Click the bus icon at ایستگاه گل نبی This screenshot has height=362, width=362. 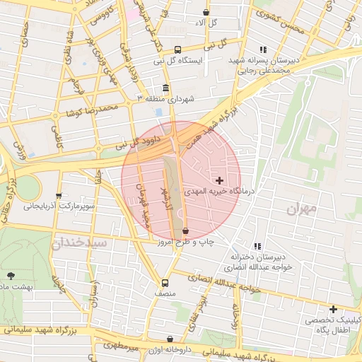(177, 50)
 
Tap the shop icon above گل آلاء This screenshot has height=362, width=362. (206, 12)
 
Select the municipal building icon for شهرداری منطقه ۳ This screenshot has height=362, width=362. (165, 88)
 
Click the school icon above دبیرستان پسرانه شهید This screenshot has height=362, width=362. (264, 49)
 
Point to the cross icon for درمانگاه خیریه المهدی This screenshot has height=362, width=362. (220, 180)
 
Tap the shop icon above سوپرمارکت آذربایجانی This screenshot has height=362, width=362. (59, 194)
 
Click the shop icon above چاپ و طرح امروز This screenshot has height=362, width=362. (185, 230)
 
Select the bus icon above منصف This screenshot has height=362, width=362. (165, 282)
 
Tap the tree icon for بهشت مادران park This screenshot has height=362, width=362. (10, 275)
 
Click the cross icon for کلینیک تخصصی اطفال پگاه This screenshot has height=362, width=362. (333, 309)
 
